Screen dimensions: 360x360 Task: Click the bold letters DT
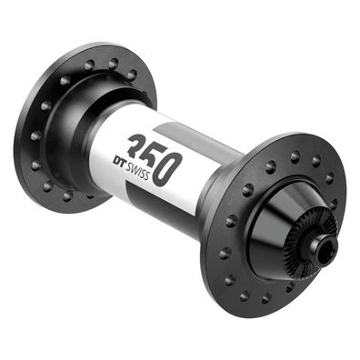tap(121, 160)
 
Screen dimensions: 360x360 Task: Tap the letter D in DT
tap(116, 157)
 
